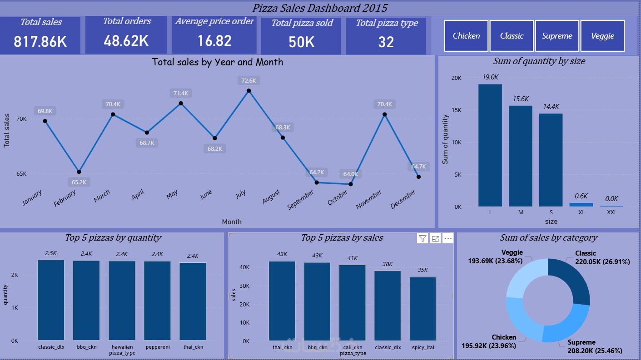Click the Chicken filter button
click(466, 36)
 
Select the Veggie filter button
click(603, 36)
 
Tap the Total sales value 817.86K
click(40, 42)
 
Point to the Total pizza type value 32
click(386, 42)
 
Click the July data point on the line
click(248, 91)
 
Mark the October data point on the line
click(351, 184)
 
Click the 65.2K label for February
click(79, 182)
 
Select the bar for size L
click(490, 145)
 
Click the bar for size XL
click(581, 205)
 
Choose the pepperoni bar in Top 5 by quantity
click(158, 301)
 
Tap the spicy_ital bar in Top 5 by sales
click(423, 309)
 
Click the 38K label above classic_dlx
click(388, 264)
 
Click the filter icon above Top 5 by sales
click(422, 238)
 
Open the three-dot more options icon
click(448, 238)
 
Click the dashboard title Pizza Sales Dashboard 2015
click(320, 8)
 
